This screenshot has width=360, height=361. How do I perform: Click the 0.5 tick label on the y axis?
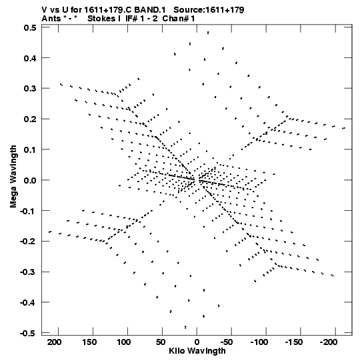[x=30, y=28]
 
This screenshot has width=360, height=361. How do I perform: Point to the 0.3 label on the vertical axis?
[x=30, y=88]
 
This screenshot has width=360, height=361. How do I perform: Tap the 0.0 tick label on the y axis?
[x=30, y=180]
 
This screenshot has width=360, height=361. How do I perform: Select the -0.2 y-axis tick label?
[x=28, y=242]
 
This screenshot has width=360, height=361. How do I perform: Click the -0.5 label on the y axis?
[x=28, y=333]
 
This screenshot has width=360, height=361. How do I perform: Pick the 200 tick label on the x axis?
[x=54, y=342]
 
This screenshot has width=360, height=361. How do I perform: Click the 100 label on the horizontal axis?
[x=123, y=342]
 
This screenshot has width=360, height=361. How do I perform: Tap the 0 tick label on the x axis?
[x=197, y=342]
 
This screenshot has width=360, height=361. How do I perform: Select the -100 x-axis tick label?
[x=259, y=342]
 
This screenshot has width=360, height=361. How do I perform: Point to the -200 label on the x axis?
[x=329, y=342]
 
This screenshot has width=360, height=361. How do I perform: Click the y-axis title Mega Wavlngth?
[x=13, y=177]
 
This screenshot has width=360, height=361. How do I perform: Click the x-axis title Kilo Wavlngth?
[x=197, y=351]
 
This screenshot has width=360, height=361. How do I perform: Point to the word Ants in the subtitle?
[x=51, y=19]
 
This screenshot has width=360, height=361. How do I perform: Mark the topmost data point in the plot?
[x=208, y=33]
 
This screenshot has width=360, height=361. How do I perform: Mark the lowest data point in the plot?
[x=185, y=327]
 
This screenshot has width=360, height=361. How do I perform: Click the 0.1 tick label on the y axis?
[x=30, y=149]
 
